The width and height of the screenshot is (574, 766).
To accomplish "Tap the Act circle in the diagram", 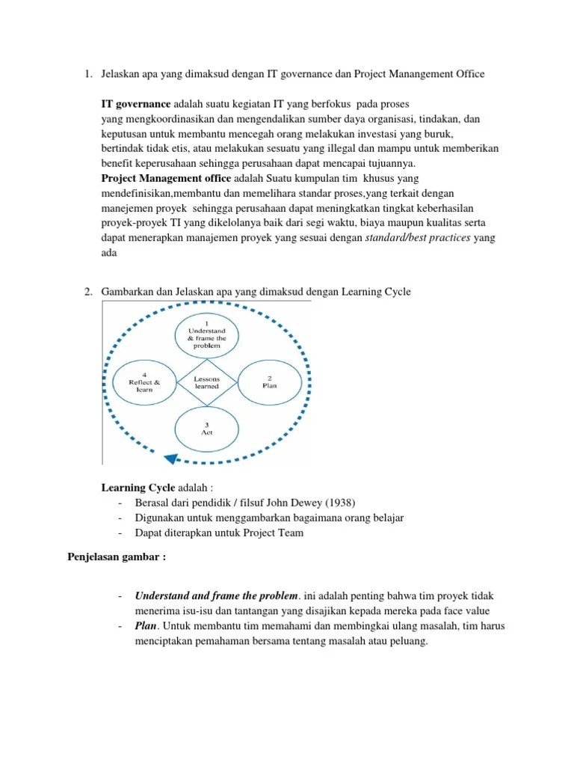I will [206, 428].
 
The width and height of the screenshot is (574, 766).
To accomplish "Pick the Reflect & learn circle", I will [144, 382].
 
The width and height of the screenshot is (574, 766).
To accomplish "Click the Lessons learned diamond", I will [206, 382].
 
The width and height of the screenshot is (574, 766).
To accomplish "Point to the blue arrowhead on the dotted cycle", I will [171, 459].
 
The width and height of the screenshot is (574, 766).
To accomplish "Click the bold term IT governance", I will [136, 102].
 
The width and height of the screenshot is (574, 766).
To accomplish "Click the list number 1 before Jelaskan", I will [87, 74].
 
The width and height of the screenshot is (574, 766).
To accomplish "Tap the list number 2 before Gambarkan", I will [87, 291].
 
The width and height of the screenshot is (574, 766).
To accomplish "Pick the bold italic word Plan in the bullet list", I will [146, 625].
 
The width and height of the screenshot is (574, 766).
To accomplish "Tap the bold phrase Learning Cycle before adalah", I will [138, 488].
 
